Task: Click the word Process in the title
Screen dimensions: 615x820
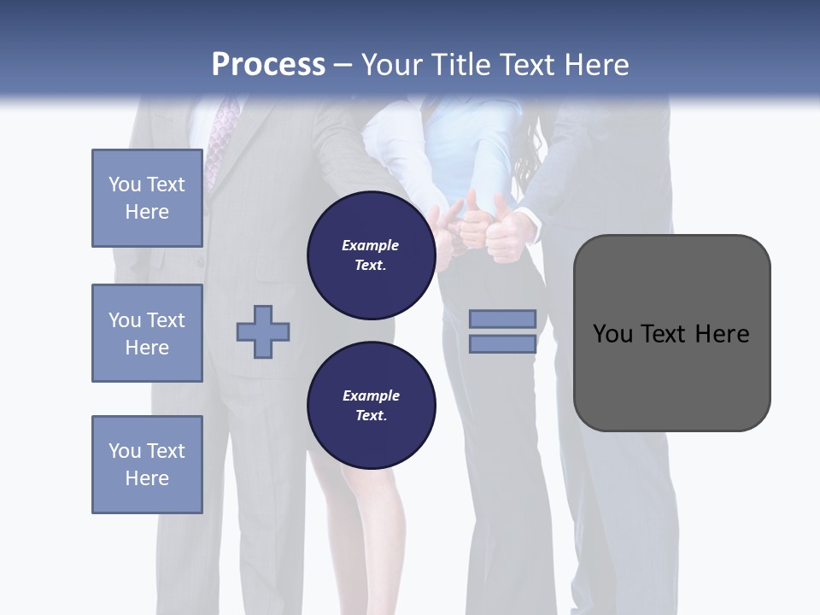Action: point(268,65)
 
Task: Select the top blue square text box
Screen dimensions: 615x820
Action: point(147,198)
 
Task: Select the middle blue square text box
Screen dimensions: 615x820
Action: point(147,333)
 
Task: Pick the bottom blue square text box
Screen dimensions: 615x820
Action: point(147,465)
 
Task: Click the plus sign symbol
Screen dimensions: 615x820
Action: point(263,331)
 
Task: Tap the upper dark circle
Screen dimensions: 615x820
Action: point(371,255)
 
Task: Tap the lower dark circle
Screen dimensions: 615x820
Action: point(371,406)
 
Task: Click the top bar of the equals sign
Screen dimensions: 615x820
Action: point(502,319)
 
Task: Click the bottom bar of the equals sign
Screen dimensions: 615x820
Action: point(502,343)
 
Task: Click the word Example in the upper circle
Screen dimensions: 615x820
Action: point(371,245)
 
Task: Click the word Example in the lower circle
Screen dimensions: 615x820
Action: point(371,395)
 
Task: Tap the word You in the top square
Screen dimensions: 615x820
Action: point(123,184)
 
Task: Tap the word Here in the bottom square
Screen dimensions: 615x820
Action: point(147,478)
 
